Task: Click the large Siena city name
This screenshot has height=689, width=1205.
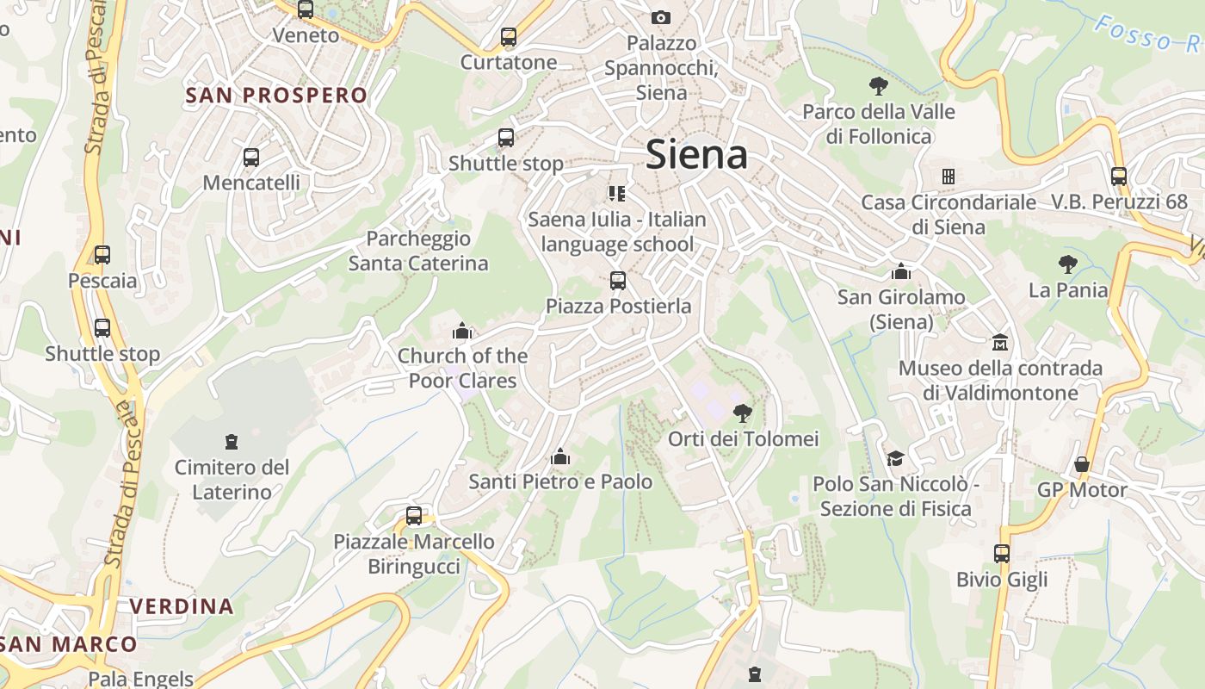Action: [696, 155]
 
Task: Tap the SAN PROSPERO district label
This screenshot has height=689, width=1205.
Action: [276, 96]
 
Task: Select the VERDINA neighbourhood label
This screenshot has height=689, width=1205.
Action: [182, 606]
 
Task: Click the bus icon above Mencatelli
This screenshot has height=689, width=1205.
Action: [251, 158]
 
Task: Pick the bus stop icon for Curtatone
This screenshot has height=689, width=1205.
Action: [509, 37]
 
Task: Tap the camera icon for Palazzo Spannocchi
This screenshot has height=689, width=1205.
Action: [661, 17]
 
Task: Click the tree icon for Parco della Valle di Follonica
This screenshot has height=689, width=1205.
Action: [879, 86]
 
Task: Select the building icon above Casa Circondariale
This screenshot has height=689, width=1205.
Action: [949, 177]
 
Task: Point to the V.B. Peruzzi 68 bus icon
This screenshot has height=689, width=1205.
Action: [1119, 177]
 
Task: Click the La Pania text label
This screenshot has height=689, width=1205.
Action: [1068, 290]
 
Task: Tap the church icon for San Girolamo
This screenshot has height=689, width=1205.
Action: [901, 271]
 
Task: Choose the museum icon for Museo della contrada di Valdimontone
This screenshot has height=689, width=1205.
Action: [1000, 343]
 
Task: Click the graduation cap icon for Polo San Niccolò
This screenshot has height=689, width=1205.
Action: [896, 458]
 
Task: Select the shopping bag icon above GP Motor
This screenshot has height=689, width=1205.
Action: [1082, 465]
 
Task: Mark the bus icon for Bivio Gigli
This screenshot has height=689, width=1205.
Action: [1002, 554]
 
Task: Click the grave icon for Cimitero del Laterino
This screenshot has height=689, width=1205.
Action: [232, 442]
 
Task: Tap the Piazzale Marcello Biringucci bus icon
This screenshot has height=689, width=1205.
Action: [414, 516]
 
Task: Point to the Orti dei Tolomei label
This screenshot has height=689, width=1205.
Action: [743, 439]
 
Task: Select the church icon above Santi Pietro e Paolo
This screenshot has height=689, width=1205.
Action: [560, 456]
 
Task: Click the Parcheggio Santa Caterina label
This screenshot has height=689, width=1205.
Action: [418, 251]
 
